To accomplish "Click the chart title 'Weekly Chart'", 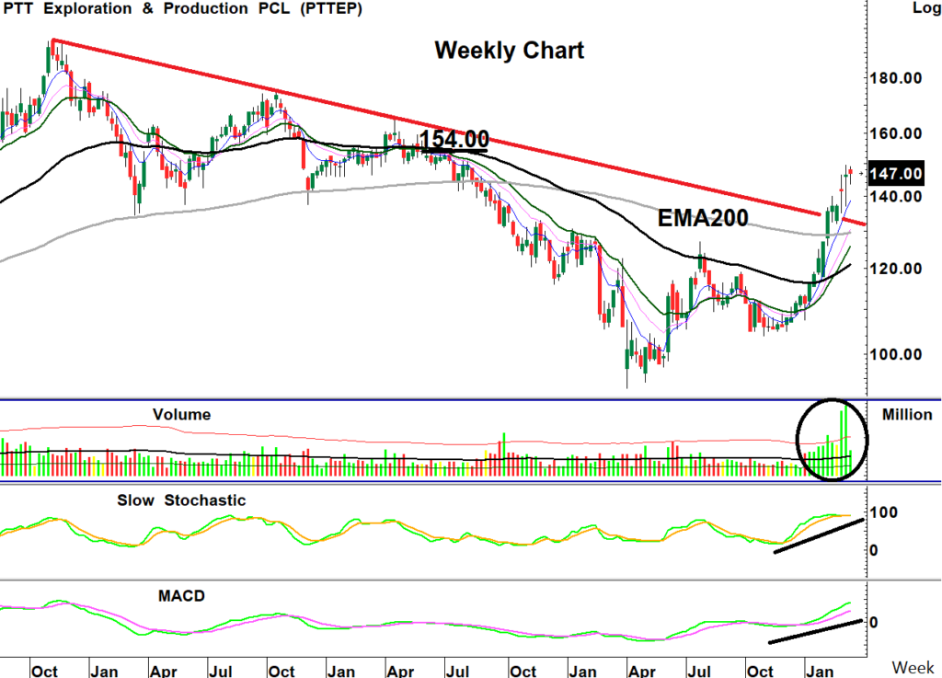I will pyautogui.click(x=509, y=50).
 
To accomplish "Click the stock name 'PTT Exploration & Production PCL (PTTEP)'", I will pyautogui.click(x=182, y=9).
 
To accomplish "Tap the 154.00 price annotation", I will pyautogui.click(x=454, y=140).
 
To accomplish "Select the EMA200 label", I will pyautogui.click(x=703, y=218).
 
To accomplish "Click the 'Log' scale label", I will pyautogui.click(x=925, y=8).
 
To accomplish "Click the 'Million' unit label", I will pyautogui.click(x=907, y=415).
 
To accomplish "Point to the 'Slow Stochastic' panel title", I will pyautogui.click(x=182, y=500).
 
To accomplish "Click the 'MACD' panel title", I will pyautogui.click(x=182, y=595).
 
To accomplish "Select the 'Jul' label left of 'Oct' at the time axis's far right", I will pyautogui.click(x=702, y=671).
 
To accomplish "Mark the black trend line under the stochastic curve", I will pyautogui.click(x=819, y=536).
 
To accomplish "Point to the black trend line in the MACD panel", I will pyautogui.click(x=815, y=632).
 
